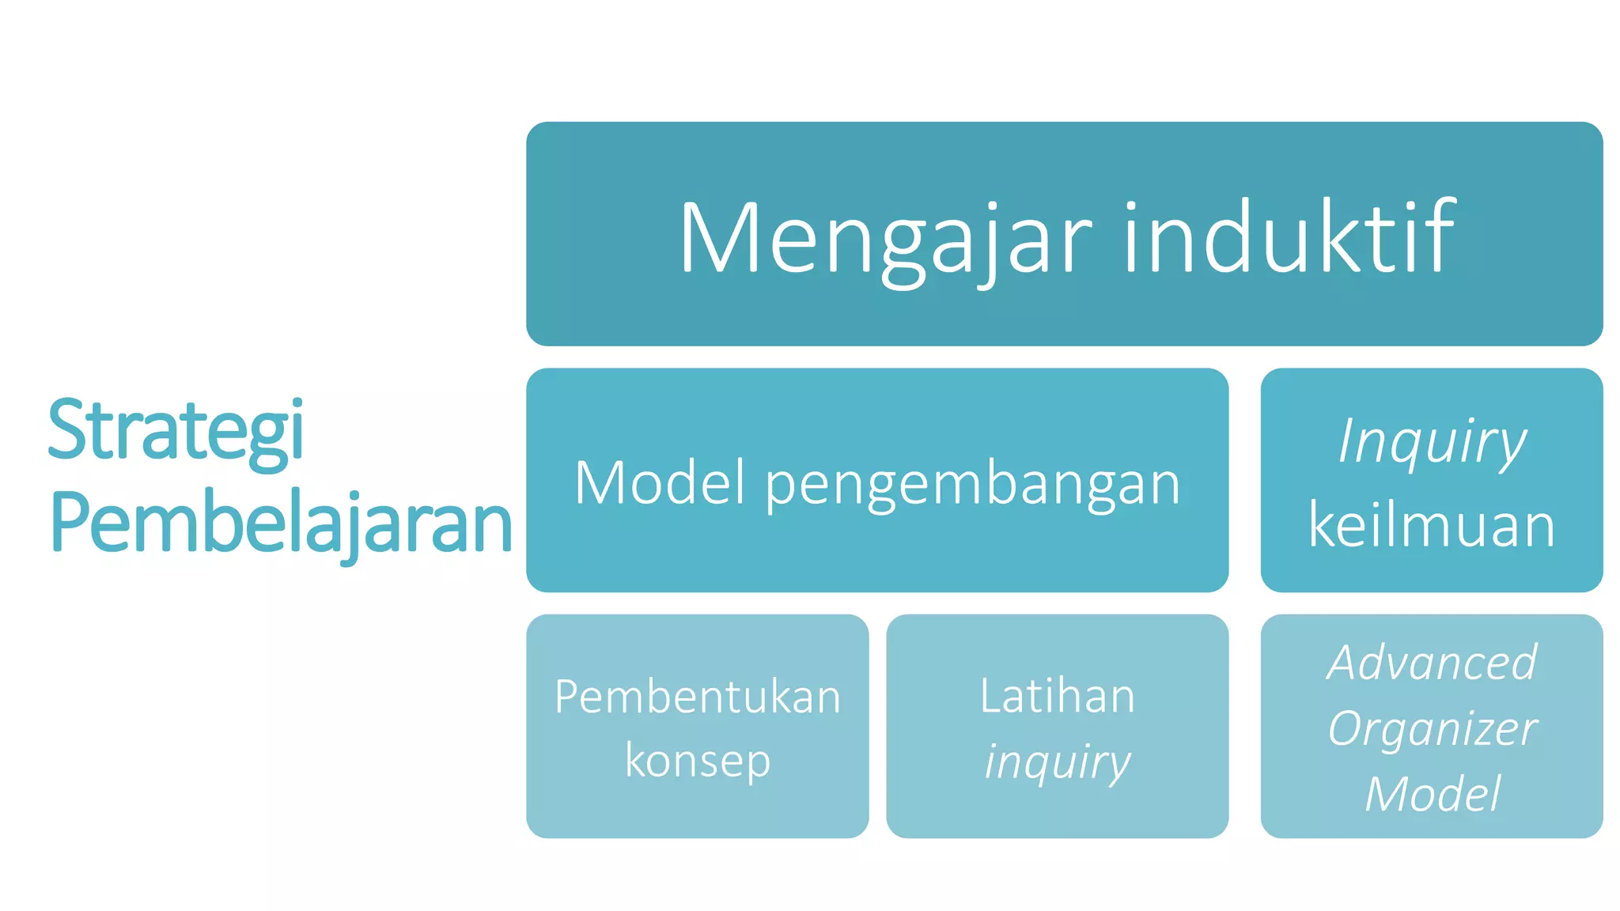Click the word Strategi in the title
coord(176,431)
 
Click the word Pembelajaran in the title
coord(281,523)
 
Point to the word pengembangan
coord(973,484)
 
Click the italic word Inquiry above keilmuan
coord(1432,441)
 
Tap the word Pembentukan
coord(698,697)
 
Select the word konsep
coord(698,761)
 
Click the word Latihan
coord(1058,696)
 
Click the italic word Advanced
coord(1432,662)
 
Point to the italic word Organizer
coord(1432,728)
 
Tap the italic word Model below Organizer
coord(1432,794)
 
